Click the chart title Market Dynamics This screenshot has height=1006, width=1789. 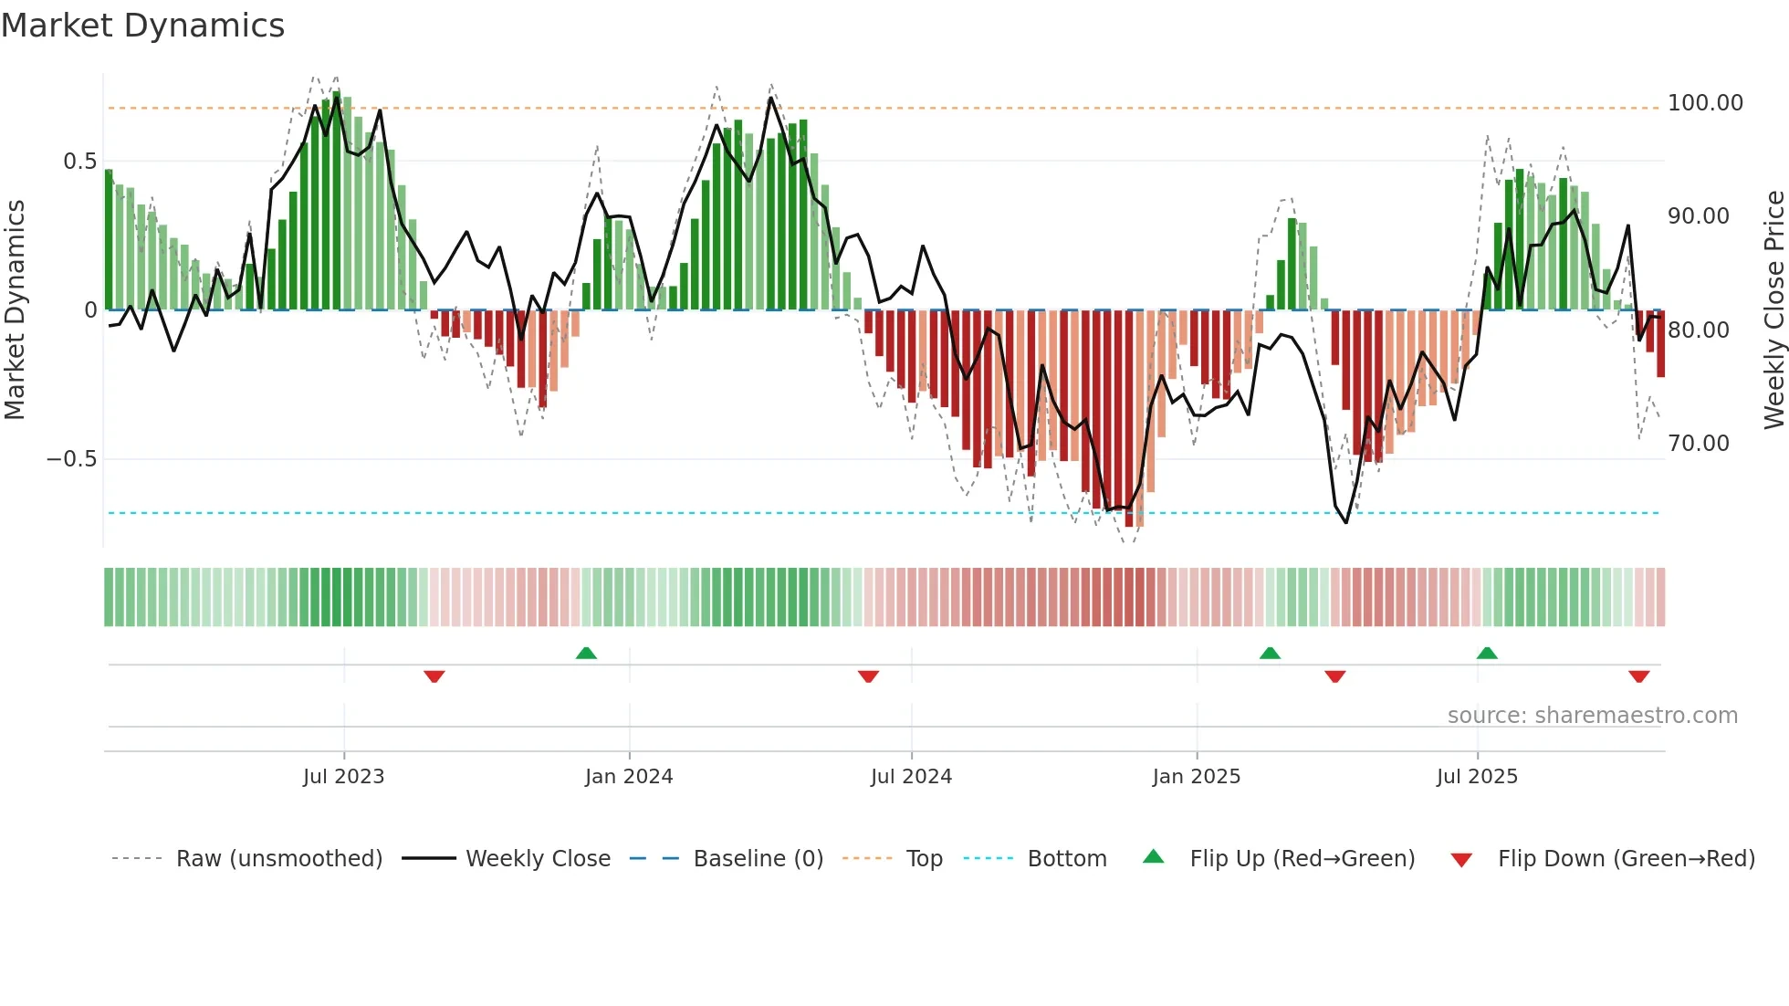click(142, 26)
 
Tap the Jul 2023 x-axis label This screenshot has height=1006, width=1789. click(343, 777)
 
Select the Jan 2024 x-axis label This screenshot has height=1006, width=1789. click(629, 777)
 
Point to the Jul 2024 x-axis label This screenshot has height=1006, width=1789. click(911, 777)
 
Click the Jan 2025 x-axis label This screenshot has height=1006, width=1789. click(1196, 777)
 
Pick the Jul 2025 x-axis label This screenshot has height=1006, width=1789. click(1477, 777)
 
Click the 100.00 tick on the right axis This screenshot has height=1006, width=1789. click(1705, 103)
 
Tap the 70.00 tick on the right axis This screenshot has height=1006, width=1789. click(1698, 444)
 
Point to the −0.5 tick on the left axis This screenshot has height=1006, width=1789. click(71, 459)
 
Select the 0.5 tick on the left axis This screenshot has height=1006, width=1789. click(79, 162)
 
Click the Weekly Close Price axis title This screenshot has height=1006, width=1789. click(1773, 310)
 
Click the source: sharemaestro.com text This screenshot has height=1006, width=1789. click(1592, 716)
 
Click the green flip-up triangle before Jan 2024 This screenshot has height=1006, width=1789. click(586, 654)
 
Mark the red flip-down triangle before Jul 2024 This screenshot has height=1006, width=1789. click(868, 676)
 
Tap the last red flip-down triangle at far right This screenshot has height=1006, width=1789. click(1638, 676)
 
